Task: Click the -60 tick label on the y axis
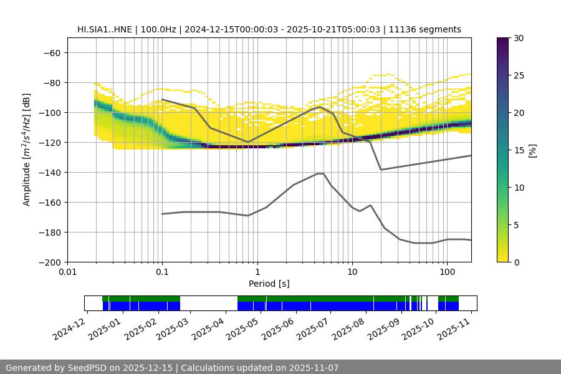pos(52,52)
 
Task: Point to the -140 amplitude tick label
pos(49,172)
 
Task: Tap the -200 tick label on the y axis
pos(49,262)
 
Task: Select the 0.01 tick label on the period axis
pos(67,272)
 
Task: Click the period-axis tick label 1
pos(257,272)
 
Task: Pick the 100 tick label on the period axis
pos(446,272)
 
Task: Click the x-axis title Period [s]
pos(269,284)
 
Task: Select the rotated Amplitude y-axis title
pos(27,150)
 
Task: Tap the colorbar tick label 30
pos(518,38)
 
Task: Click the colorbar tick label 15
pos(518,150)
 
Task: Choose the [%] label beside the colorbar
pos(532,150)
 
